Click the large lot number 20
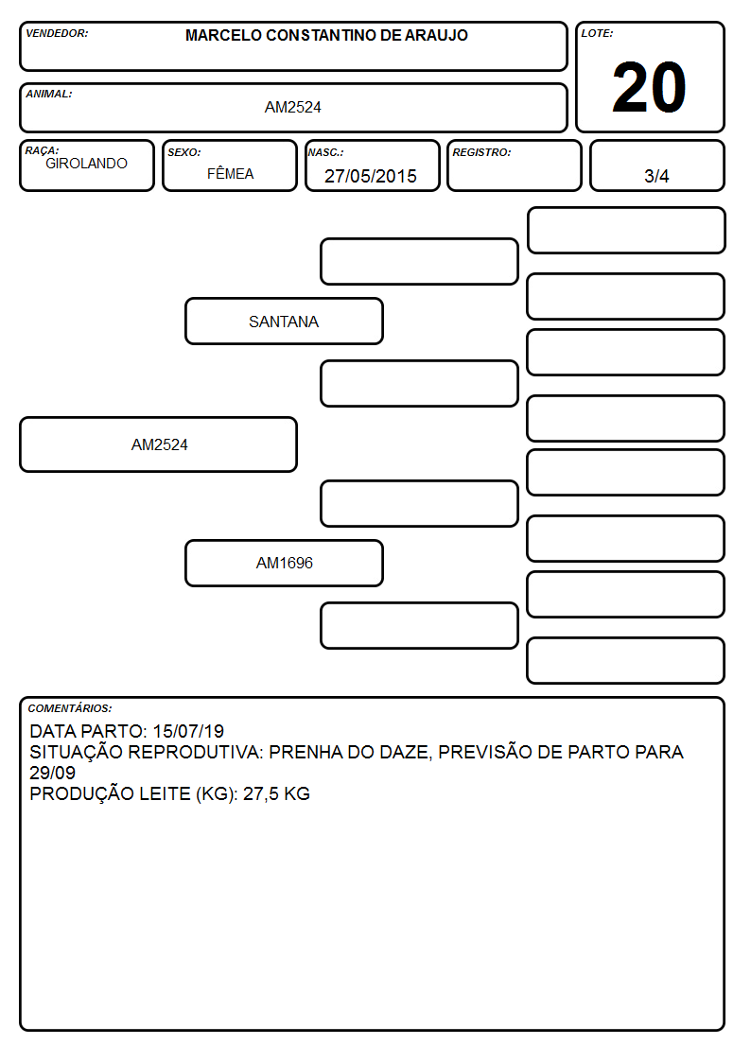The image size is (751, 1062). (649, 87)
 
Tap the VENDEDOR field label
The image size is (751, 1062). (57, 33)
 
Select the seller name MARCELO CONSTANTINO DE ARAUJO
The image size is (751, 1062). (326, 35)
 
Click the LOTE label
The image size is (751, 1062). (597, 33)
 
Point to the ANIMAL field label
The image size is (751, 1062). (49, 95)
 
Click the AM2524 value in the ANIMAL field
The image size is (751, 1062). (292, 107)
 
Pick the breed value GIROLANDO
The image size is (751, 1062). (86, 164)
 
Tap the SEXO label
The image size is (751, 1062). (184, 153)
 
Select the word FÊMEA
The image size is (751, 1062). (230, 173)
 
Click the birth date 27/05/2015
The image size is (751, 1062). (371, 176)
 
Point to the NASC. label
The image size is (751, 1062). (325, 153)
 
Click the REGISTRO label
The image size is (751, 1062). (481, 153)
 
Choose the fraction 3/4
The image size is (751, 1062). (656, 176)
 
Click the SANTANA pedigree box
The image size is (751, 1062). (285, 321)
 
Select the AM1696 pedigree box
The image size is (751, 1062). (285, 563)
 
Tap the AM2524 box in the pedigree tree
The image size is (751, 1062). (159, 444)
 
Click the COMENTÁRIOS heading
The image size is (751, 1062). (70, 708)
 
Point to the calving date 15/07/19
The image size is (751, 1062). (188, 731)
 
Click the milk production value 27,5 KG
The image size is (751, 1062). (276, 793)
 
